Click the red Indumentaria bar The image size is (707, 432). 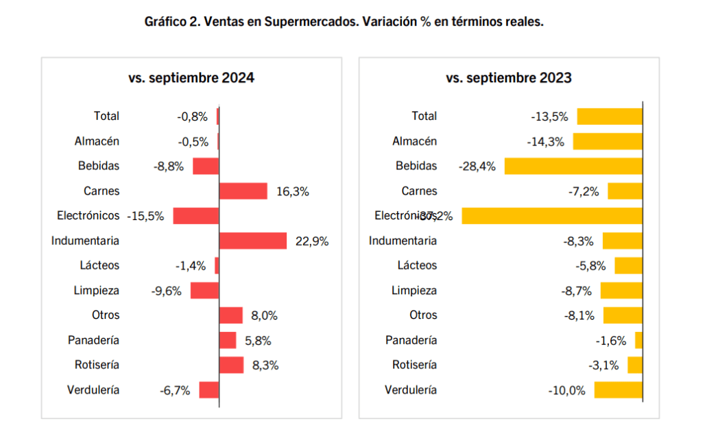[x=252, y=241]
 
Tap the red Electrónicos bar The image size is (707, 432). [x=195, y=215]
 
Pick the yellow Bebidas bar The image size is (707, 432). [x=573, y=166]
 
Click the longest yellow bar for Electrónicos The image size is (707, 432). [x=552, y=215]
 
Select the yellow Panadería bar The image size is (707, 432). [x=638, y=340]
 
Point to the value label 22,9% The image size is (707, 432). [x=312, y=241]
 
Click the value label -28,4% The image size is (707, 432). [x=477, y=166]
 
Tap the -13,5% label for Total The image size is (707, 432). [x=549, y=116]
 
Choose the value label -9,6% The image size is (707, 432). [x=166, y=291]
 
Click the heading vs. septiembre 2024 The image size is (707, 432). [x=191, y=77]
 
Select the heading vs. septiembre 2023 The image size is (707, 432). [x=509, y=77]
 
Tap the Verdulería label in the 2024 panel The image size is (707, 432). [x=93, y=390]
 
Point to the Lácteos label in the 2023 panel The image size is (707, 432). [x=417, y=265]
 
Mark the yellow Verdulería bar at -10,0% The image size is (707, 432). [x=618, y=390]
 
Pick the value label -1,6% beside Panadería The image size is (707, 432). [x=611, y=340]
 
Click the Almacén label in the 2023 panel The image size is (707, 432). [x=414, y=141]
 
